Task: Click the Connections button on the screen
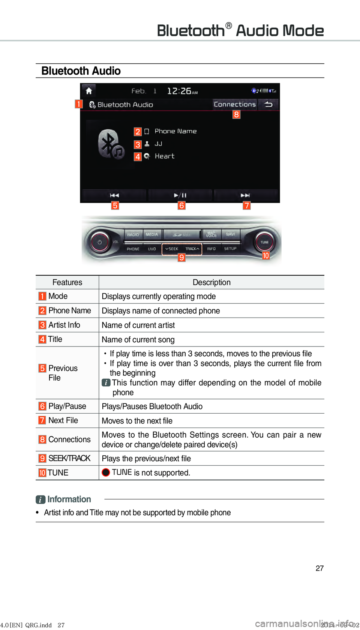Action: [235, 104]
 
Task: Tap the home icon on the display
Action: [89, 91]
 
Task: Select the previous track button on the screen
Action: [114, 195]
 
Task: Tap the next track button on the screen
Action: [245, 195]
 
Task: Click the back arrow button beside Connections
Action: [268, 104]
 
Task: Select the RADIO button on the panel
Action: [133, 235]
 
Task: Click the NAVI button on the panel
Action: [230, 234]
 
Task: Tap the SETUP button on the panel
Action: [230, 249]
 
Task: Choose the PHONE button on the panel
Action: [133, 249]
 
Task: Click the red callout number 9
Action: [181, 257]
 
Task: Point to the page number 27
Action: [319, 568]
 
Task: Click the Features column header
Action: [67, 282]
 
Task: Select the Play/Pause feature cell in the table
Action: [67, 406]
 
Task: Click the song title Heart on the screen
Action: [165, 156]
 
